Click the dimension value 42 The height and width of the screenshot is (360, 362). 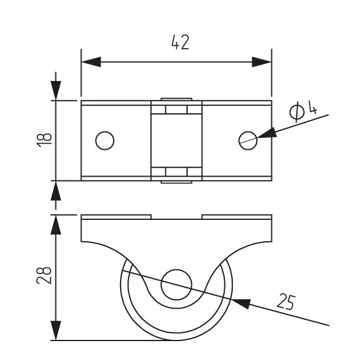tap(180, 42)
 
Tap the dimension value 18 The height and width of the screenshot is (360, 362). tap(44, 140)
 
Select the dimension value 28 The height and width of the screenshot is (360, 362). tap(44, 275)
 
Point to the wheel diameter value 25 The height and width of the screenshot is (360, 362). tap(286, 302)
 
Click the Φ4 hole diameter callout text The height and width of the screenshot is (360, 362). tap(303, 111)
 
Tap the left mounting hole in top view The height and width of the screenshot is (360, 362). tap(105, 141)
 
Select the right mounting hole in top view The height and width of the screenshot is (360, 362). tap(248, 141)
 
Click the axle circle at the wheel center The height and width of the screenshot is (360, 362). tap(176, 284)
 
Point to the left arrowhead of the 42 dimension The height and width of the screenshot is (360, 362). tap(91, 62)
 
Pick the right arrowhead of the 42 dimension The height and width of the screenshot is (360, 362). tap(261, 62)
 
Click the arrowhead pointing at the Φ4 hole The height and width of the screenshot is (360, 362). tap(267, 133)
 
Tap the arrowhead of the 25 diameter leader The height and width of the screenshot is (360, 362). tap(241, 303)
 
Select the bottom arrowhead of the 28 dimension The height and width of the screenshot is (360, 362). tap(55, 331)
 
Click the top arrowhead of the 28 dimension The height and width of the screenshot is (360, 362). tap(55, 225)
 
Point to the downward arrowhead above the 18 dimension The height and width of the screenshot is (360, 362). tap(55, 91)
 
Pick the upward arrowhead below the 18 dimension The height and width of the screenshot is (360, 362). tap(55, 191)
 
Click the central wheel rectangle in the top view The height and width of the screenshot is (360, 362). tap(176, 141)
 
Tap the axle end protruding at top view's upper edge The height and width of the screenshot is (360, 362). tap(176, 99)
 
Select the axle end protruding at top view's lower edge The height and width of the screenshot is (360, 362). tap(176, 182)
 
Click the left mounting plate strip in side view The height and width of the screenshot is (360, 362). tap(116, 217)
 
